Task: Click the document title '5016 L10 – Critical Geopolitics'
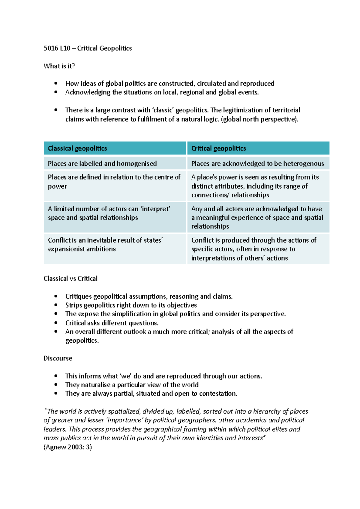point(88,48)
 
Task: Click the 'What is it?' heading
point(59,66)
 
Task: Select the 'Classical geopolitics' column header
point(77,148)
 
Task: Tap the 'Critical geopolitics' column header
point(218,148)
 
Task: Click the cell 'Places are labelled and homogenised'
point(102,164)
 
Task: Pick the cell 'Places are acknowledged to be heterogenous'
point(257,164)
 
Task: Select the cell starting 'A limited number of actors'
point(109,213)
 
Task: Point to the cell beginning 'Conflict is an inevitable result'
point(105,245)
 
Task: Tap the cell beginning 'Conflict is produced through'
point(254,249)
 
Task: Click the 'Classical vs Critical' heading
point(70,278)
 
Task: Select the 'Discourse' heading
point(58,358)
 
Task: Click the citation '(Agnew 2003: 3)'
point(68,447)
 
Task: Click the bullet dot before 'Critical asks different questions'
point(56,323)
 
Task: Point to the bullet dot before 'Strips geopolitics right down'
point(56,305)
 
